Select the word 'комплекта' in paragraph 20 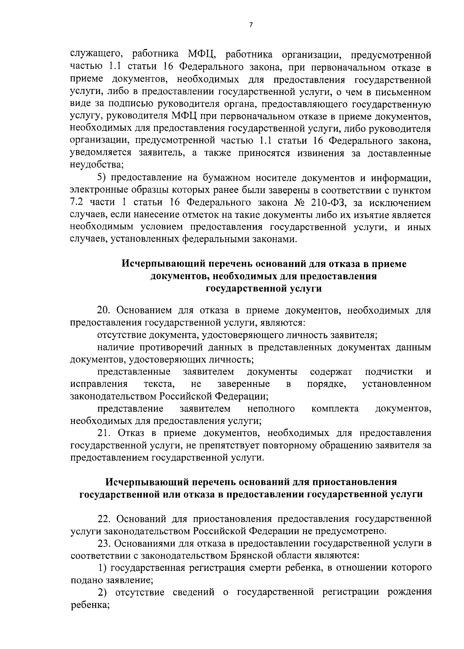[334, 408]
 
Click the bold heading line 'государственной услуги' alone [264, 289]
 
